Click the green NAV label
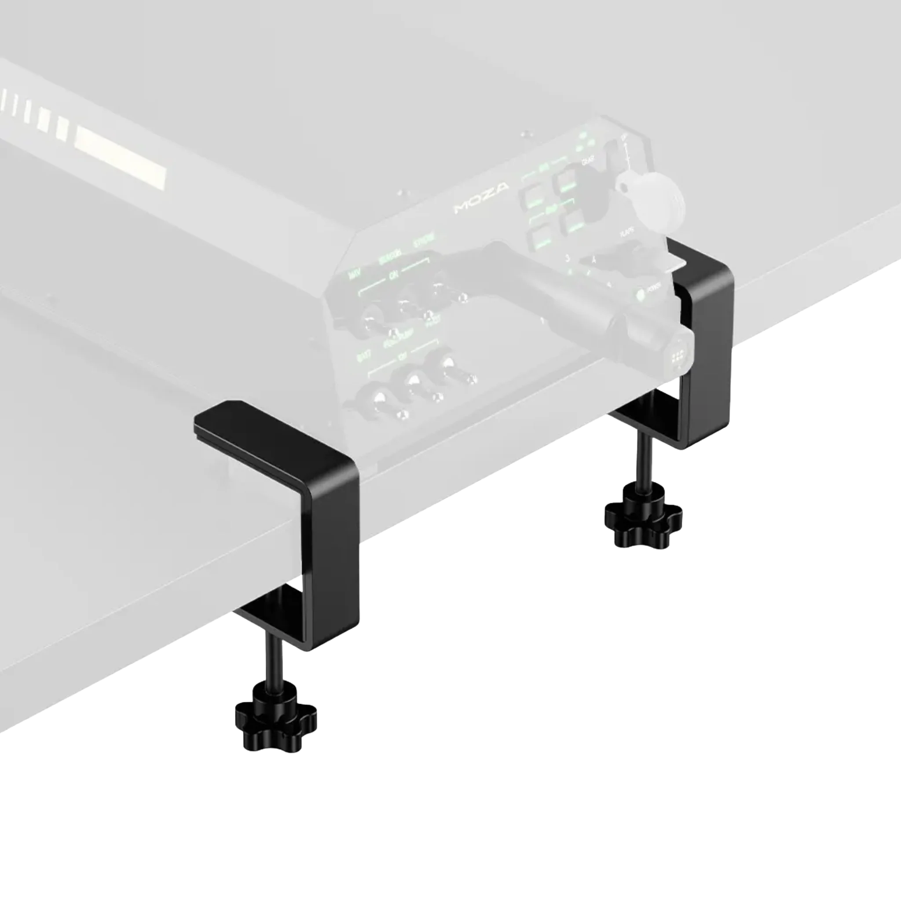(x=355, y=275)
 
